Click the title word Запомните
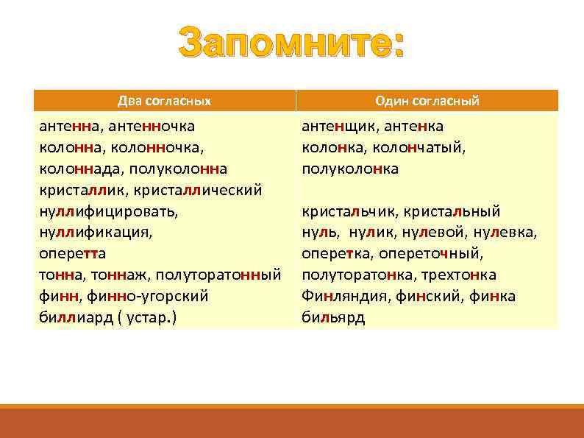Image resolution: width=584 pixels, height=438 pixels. [x=291, y=45]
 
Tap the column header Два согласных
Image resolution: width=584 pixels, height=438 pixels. [x=165, y=100]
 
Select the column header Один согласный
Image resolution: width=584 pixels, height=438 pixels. [x=427, y=100]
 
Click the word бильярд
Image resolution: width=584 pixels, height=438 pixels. [x=333, y=317]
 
